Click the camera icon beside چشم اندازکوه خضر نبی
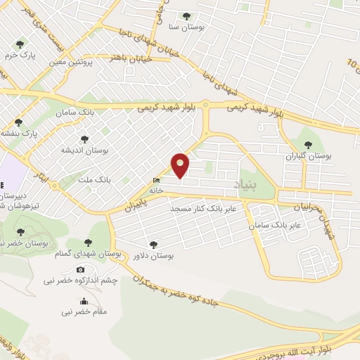[80, 270]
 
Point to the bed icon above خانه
[155, 181]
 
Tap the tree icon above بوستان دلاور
[154, 245]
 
